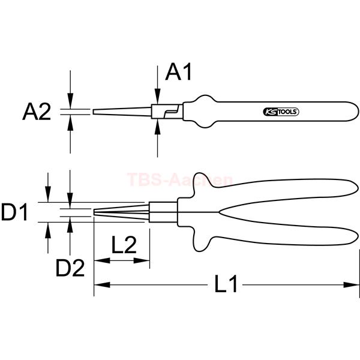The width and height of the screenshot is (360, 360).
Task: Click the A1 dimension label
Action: pyautogui.click(x=178, y=73)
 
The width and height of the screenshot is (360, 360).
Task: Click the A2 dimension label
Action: pyautogui.click(x=37, y=112)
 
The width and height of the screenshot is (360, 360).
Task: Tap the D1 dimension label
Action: pyautogui.click(x=14, y=212)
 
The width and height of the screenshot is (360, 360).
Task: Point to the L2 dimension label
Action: pyautogui.click(x=124, y=245)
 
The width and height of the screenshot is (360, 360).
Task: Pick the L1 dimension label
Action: pyautogui.click(x=226, y=284)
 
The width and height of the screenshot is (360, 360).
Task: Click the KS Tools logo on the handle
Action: pyautogui.click(x=281, y=112)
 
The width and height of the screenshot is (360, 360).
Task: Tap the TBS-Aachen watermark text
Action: pyautogui.click(x=179, y=179)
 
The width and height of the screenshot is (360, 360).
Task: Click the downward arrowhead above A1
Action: pyautogui.click(x=157, y=96)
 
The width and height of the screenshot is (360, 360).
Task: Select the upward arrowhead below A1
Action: pyautogui.click(x=157, y=127)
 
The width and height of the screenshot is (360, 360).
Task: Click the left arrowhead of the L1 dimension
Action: pyautogui.click(x=102, y=285)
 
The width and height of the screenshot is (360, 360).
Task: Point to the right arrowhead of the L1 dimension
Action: pyautogui.click(x=351, y=285)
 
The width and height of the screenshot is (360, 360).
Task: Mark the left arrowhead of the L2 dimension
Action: pyautogui.click(x=102, y=260)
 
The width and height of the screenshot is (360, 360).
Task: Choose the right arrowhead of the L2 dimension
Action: pyautogui.click(x=142, y=260)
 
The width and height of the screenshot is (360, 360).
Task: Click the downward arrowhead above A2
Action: pyautogui.click(x=70, y=101)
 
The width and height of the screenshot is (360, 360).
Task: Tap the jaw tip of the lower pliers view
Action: pyautogui.click(x=94, y=212)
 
